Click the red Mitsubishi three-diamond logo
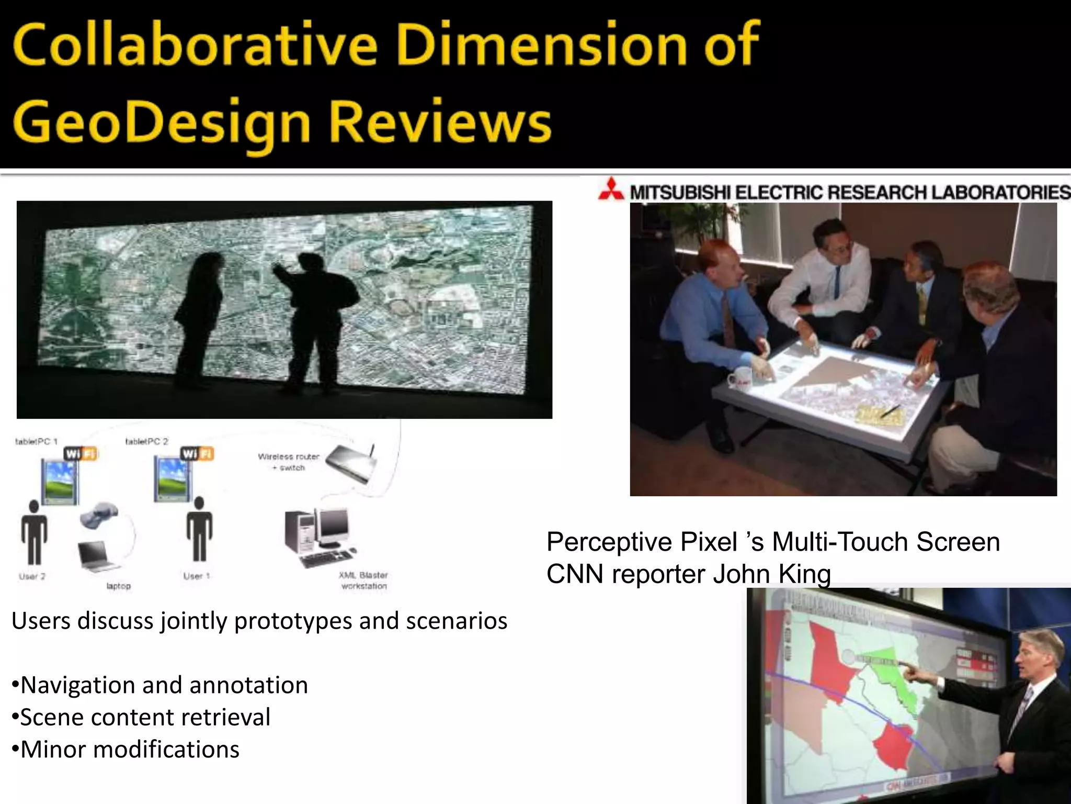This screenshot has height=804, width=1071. [x=611, y=189]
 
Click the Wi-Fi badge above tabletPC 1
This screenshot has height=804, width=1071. [x=81, y=453]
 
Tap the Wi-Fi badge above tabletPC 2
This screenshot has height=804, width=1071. [x=197, y=453]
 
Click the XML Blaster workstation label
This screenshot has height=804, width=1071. [x=363, y=580]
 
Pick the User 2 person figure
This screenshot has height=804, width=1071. [x=34, y=531]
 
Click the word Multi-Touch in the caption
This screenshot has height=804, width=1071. [x=841, y=542]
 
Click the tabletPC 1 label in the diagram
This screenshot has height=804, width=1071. [x=32, y=442]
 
